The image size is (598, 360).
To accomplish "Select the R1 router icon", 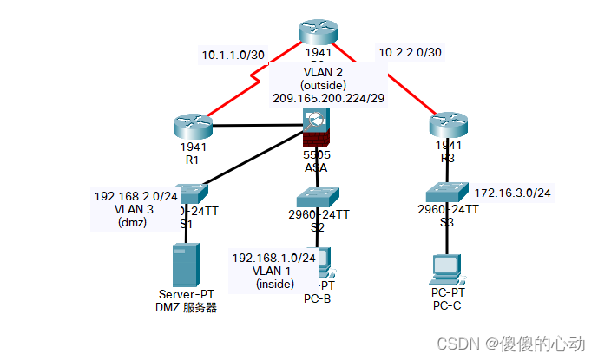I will point(192,126).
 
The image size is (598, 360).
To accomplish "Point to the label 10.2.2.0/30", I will point(410,53).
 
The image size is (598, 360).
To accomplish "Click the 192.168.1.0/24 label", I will point(272,258).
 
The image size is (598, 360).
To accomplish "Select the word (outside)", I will point(323,86).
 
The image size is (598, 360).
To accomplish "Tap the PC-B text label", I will point(317,299).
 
